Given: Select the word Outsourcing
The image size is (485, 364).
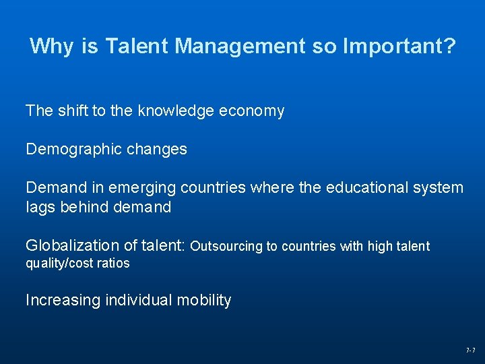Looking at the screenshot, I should point(226,246).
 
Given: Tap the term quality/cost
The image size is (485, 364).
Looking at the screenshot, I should point(58,264).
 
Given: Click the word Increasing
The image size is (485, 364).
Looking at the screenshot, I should point(63,301).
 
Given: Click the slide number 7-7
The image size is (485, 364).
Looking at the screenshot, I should point(470,351).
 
